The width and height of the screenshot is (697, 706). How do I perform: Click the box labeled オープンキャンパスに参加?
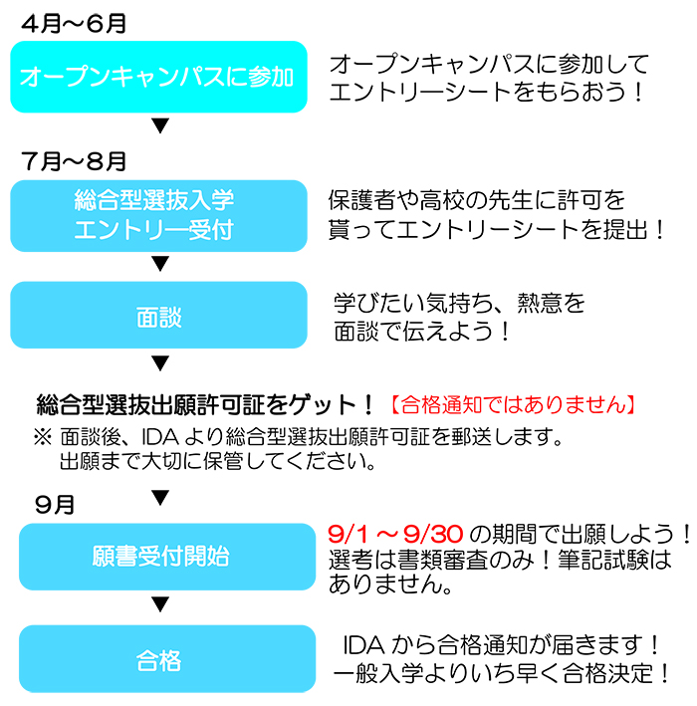point(157,77)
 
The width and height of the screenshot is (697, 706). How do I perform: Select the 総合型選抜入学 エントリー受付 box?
point(157,215)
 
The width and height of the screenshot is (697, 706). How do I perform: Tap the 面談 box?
point(157,316)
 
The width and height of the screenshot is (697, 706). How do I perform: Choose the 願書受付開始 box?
point(157,556)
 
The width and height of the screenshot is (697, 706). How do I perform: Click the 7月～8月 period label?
point(71,159)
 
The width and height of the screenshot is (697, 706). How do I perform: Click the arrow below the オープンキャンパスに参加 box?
point(159,126)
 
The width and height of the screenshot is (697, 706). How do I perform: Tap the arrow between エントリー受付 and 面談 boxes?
point(159,265)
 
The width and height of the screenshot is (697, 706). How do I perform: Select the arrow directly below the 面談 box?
point(159,363)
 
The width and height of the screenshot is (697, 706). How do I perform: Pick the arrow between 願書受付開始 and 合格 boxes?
point(159,605)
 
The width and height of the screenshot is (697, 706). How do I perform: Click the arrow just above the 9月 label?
point(159,495)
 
